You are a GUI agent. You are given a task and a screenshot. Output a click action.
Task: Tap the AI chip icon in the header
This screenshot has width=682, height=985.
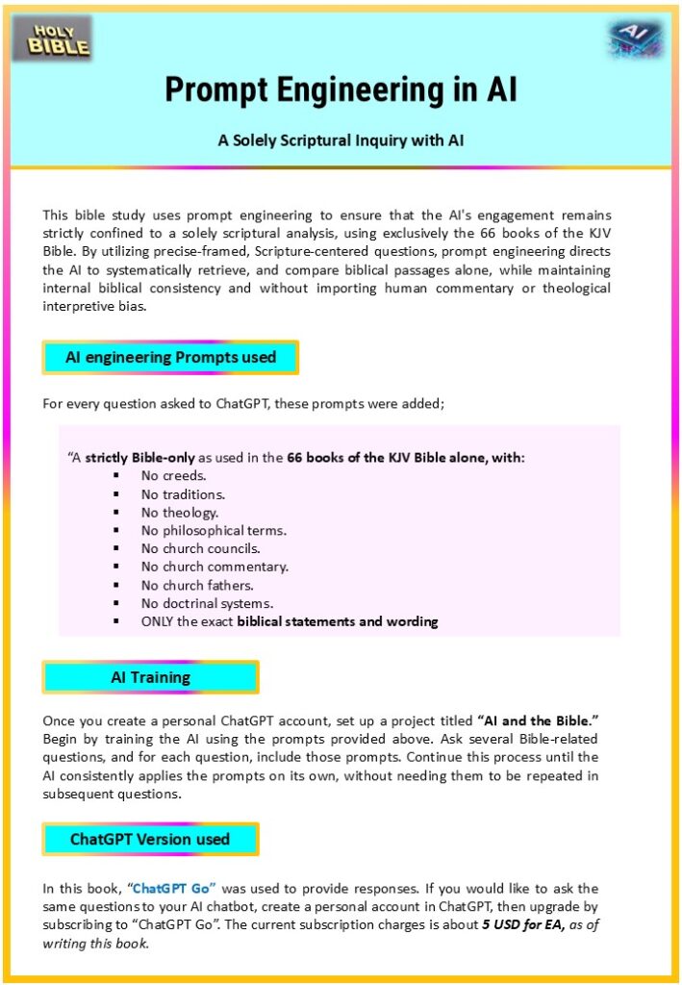[634, 38]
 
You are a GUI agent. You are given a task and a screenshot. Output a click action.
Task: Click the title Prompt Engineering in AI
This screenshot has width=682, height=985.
[341, 89]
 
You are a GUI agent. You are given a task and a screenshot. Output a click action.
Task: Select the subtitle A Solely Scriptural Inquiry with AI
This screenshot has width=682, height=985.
[341, 139]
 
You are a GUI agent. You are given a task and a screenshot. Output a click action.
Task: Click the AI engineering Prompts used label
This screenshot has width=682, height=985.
[170, 358]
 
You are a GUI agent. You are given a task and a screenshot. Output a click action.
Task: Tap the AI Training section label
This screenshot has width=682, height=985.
[150, 677]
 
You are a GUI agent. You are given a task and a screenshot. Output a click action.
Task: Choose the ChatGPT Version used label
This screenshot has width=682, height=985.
[150, 839]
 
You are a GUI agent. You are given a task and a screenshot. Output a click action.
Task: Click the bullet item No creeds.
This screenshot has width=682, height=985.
[173, 475]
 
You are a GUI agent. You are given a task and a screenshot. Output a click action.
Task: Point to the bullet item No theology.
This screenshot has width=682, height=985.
[179, 512]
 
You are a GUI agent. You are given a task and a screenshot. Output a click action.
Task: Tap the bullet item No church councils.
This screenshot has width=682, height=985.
[200, 548]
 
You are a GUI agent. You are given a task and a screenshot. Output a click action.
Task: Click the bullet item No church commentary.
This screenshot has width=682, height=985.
[215, 567]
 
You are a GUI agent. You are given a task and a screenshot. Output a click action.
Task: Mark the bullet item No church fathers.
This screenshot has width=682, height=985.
[197, 585]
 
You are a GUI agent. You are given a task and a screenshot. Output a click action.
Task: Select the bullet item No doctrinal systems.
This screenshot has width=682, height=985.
[207, 603]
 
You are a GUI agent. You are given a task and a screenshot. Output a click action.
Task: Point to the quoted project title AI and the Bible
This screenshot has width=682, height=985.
[538, 720]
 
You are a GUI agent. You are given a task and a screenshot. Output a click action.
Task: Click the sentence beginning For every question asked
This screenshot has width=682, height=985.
[243, 403]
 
